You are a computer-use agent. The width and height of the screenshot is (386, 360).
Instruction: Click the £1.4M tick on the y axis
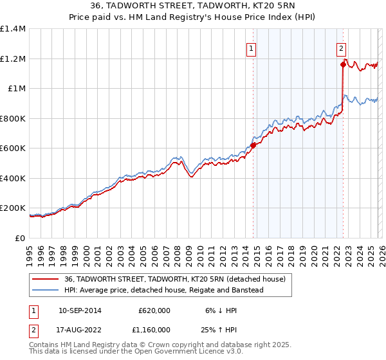click(13, 29)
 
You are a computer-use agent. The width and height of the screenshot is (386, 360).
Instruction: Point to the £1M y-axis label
click(17, 89)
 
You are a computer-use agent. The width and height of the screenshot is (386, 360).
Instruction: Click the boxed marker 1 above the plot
click(252, 47)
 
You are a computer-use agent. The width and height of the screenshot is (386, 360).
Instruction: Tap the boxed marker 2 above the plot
click(341, 47)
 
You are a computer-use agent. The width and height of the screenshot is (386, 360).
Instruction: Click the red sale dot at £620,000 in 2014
click(253, 145)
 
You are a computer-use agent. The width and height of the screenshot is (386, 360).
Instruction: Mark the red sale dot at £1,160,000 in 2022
click(343, 64)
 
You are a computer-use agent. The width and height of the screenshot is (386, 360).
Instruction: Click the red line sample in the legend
click(46, 279)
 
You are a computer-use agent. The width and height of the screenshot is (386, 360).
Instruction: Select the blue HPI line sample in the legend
click(46, 290)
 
